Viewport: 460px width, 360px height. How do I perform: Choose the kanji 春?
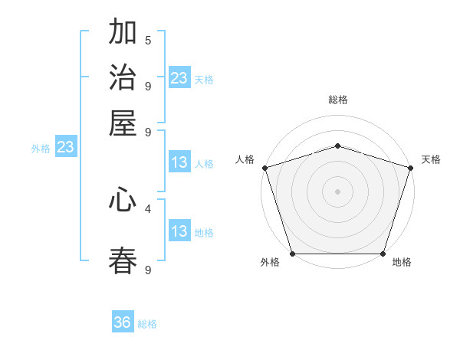pyautogui.click(x=123, y=260)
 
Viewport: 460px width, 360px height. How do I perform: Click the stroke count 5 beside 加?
pyautogui.click(x=148, y=40)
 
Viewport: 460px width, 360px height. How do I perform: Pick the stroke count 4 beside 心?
pyautogui.click(x=148, y=208)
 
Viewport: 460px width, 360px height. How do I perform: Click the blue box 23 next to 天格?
pyautogui.click(x=179, y=78)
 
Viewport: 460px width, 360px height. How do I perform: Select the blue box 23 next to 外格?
pyautogui.click(x=65, y=148)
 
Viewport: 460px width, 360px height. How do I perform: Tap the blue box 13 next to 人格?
pyautogui.click(x=179, y=162)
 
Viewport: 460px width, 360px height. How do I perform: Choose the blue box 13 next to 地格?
pyautogui.click(x=179, y=231)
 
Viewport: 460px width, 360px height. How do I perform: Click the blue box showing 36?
pyautogui.click(x=123, y=323)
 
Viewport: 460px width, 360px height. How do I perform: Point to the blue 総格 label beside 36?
pyautogui.click(x=147, y=324)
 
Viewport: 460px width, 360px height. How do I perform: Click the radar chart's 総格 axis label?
pyautogui.click(x=337, y=100)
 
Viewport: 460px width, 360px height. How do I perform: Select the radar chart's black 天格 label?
pyautogui.click(x=431, y=159)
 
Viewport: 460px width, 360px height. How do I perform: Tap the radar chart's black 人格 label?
pyautogui.click(x=245, y=159)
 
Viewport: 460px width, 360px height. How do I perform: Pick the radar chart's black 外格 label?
pyautogui.click(x=270, y=263)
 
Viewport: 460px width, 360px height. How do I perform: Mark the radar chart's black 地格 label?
pyautogui.click(x=402, y=263)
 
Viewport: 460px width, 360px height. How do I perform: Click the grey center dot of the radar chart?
pyautogui.click(x=337, y=191)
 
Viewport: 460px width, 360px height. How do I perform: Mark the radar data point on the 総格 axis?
pyautogui.click(x=337, y=146)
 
